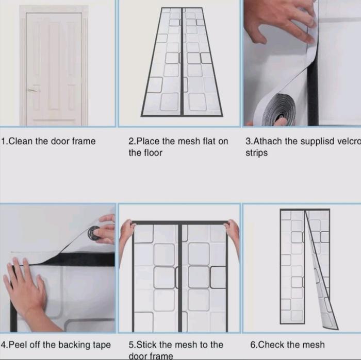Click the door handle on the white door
33,90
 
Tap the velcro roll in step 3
280,110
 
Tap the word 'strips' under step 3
256,153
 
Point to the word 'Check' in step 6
271,345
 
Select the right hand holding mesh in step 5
233,234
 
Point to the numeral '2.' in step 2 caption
133,141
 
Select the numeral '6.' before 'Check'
254,345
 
